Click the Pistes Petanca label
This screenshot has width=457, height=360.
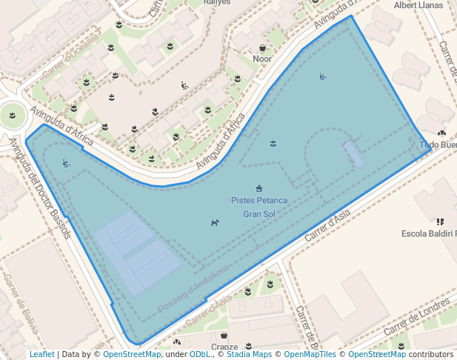coord(258,201)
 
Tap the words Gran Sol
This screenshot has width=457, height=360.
coord(258,214)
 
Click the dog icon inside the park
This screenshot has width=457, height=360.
coord(215,222)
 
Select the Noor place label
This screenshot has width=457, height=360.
coord(262,59)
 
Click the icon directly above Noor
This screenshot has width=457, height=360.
coord(262,48)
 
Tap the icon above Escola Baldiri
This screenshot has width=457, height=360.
coord(440,221)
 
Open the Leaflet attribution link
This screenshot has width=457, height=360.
coord(41,355)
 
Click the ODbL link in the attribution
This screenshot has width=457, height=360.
coord(200,355)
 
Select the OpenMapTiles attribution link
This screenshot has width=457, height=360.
coord(310,355)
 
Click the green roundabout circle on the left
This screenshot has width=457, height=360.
coord(13,116)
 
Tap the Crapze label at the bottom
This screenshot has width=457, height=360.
coord(224,347)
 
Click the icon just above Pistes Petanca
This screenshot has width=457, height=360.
coord(258,187)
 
